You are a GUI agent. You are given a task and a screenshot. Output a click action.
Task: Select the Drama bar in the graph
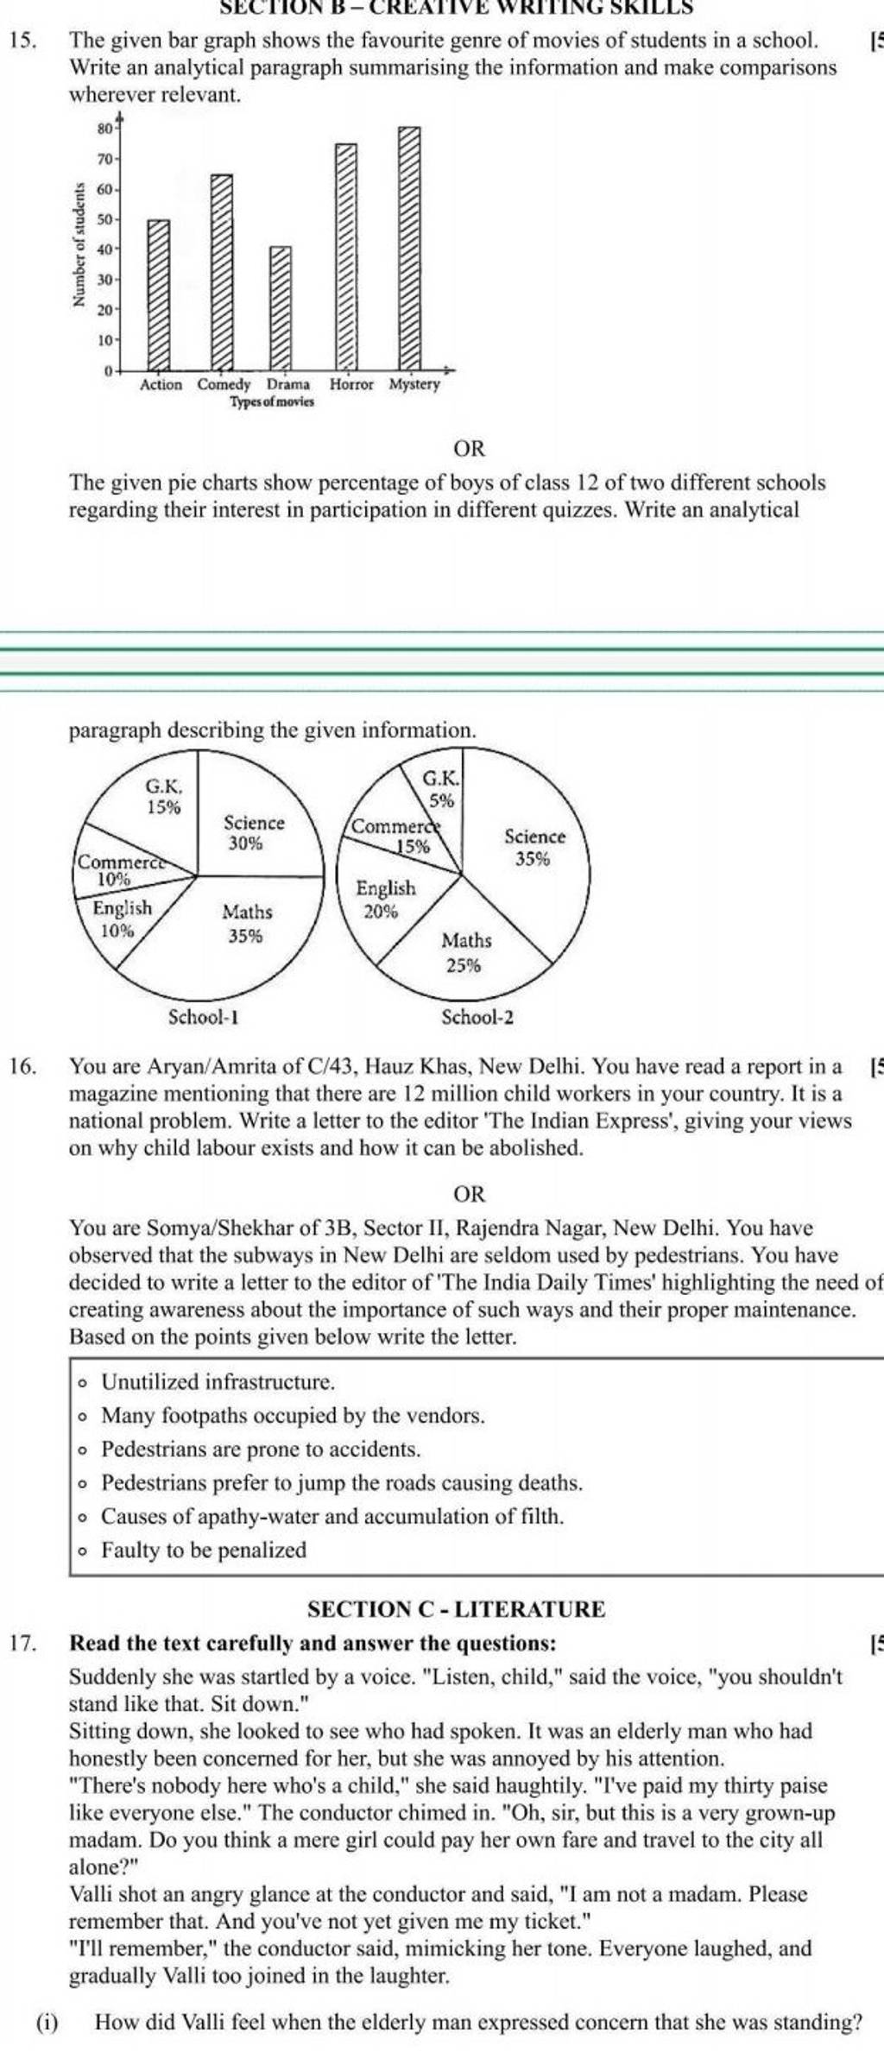[x=281, y=307]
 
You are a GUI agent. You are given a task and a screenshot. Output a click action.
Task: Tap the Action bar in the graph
[x=159, y=294]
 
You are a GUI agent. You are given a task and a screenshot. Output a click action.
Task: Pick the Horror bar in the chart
[x=345, y=256]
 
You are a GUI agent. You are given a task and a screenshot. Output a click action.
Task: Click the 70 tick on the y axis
[x=104, y=159]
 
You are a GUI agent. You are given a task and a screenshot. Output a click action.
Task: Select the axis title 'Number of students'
[x=80, y=245]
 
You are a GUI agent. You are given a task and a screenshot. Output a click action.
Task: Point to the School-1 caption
[x=203, y=1016]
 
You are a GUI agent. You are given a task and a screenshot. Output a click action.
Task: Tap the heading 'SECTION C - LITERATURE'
[x=457, y=1608]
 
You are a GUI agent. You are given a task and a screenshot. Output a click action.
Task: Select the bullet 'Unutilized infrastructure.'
[x=218, y=1382]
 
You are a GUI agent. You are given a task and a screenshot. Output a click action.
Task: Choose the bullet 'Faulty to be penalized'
[x=204, y=1550]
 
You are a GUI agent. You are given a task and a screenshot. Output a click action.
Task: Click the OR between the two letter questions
[x=470, y=1195]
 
